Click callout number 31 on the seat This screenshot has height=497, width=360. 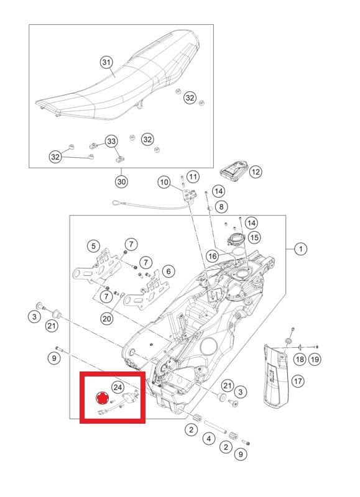(106, 62)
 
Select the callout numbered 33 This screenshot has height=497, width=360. (111, 142)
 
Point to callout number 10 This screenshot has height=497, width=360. (164, 182)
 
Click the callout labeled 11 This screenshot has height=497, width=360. (193, 176)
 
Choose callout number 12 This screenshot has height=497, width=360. (256, 171)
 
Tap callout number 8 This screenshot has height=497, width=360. (222, 206)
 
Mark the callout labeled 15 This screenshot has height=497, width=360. (254, 237)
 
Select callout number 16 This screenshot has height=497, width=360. (213, 256)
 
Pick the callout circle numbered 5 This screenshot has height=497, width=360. (93, 246)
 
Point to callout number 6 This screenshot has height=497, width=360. (169, 271)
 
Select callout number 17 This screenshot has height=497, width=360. (298, 380)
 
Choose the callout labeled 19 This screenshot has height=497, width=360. (314, 359)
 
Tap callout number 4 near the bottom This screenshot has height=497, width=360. (208, 439)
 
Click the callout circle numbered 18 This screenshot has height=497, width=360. (299, 359)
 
